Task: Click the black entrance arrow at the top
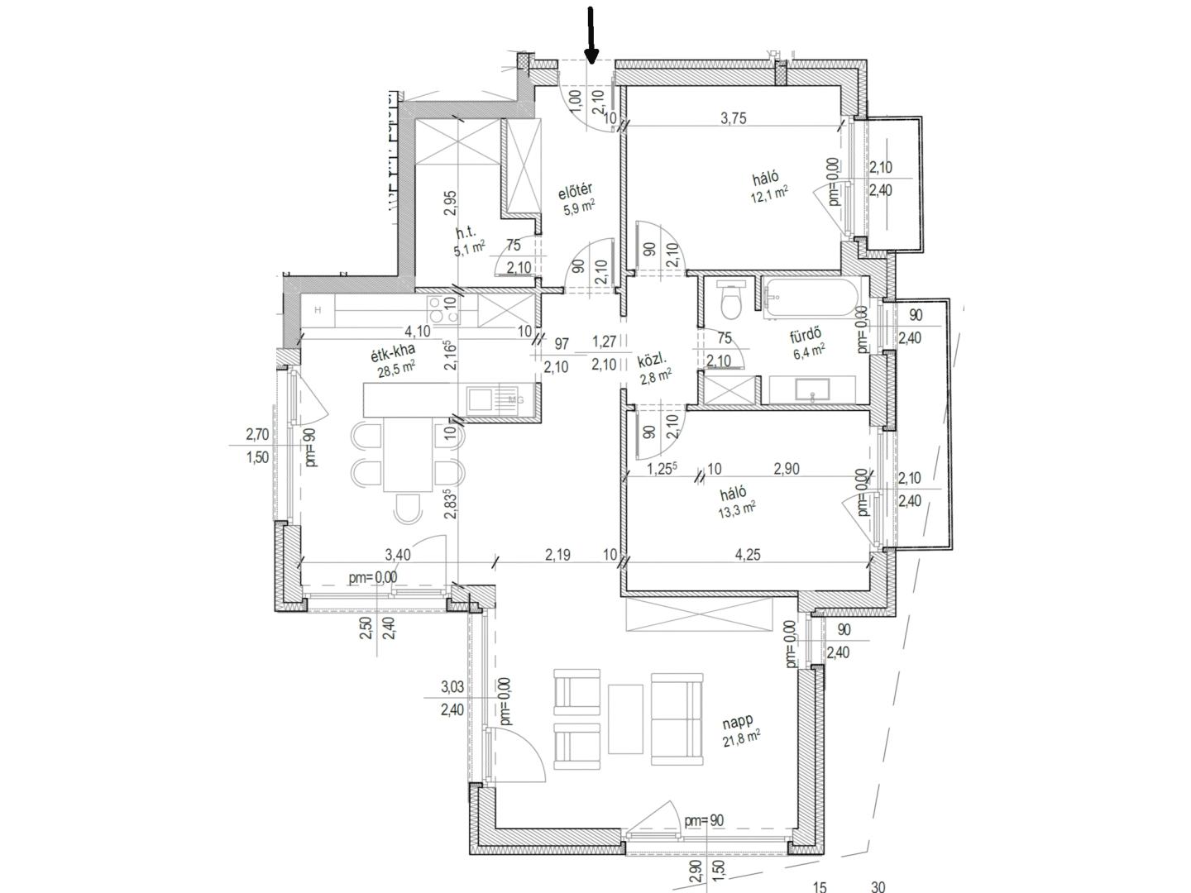[x=591, y=36]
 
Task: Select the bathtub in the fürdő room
[x=811, y=296]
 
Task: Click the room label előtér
[x=575, y=191]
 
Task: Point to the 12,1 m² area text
[x=769, y=194]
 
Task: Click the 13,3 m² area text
[x=738, y=509]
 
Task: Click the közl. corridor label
[x=653, y=360]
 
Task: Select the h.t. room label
[x=466, y=232]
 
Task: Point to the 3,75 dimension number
[x=734, y=118]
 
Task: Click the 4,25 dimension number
[x=747, y=554]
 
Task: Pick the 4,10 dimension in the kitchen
[x=417, y=331]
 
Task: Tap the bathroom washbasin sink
[x=811, y=389]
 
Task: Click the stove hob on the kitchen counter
[x=442, y=309]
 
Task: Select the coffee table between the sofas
[x=625, y=719]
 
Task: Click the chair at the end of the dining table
[x=408, y=509]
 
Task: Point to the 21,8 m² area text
[x=741, y=738]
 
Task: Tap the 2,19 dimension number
[x=557, y=554]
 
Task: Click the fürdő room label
[x=806, y=337]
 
